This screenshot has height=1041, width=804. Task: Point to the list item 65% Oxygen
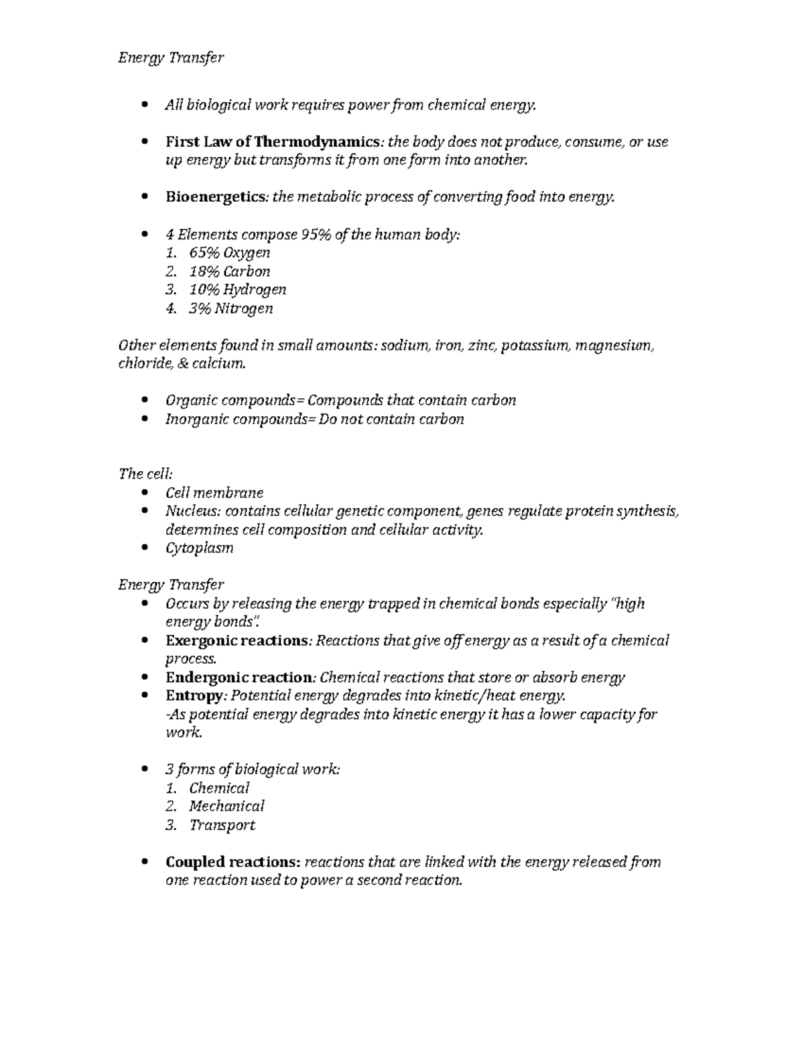pos(229,253)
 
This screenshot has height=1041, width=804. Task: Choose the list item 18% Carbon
pos(229,271)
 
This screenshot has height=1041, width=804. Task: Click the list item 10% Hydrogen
pos(237,290)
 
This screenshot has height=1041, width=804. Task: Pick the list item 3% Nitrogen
pos(230,308)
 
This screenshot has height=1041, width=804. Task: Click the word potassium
pos(536,346)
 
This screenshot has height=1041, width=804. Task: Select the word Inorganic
pos(192,420)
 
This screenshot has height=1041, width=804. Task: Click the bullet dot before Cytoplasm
pos(145,548)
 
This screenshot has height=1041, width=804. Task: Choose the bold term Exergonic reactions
pos(237,641)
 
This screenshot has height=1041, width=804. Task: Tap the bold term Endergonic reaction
pos(239,678)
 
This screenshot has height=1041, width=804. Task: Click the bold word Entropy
pos(194,696)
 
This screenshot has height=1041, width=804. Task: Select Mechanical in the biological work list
pos(226,806)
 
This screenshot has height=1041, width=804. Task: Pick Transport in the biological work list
pos(222,825)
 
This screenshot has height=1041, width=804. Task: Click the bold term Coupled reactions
pos(232,862)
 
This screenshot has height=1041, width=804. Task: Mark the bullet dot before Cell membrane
pos(145,493)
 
